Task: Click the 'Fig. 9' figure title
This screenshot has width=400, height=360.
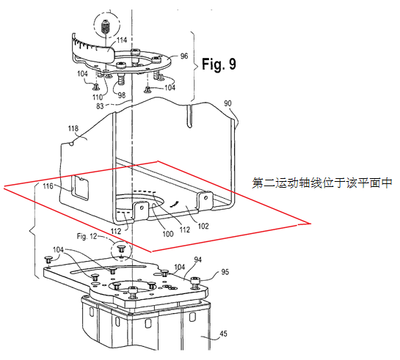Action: tap(219, 64)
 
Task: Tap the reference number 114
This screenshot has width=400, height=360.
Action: tap(122, 40)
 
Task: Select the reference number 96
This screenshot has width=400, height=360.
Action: tap(184, 56)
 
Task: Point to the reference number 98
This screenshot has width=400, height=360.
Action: tap(122, 95)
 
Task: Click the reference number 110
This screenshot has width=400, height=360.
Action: tap(97, 97)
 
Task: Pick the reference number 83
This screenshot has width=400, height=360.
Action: tap(100, 106)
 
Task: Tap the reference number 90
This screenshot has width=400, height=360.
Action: tap(228, 103)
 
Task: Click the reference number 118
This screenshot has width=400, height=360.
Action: tap(73, 128)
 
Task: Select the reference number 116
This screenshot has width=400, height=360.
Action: tap(48, 186)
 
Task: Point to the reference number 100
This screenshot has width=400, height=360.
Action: tap(168, 234)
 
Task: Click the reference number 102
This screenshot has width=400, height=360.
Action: tap(203, 226)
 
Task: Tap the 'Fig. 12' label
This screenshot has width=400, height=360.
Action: tap(87, 236)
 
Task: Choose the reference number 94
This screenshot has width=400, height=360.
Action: tap(197, 260)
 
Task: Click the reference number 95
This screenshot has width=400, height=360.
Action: tap(225, 272)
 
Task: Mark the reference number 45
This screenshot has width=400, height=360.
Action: tap(223, 334)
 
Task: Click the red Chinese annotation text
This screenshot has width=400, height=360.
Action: tap(322, 183)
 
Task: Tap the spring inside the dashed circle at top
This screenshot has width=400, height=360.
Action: tap(106, 27)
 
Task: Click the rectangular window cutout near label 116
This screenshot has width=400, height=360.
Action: tap(80, 188)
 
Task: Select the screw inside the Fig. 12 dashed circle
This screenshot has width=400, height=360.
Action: tap(120, 249)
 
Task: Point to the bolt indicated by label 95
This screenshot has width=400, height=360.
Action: tap(196, 283)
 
